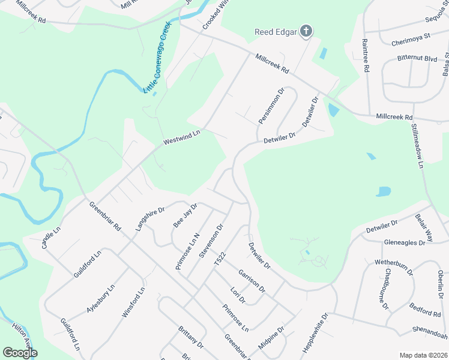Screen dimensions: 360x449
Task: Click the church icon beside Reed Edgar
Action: pos(306,32)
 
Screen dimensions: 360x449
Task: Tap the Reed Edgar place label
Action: pos(276,32)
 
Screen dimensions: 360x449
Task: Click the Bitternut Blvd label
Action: pos(417,58)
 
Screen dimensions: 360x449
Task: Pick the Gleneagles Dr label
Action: pos(404,242)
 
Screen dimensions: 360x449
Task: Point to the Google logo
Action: pos(20,352)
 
